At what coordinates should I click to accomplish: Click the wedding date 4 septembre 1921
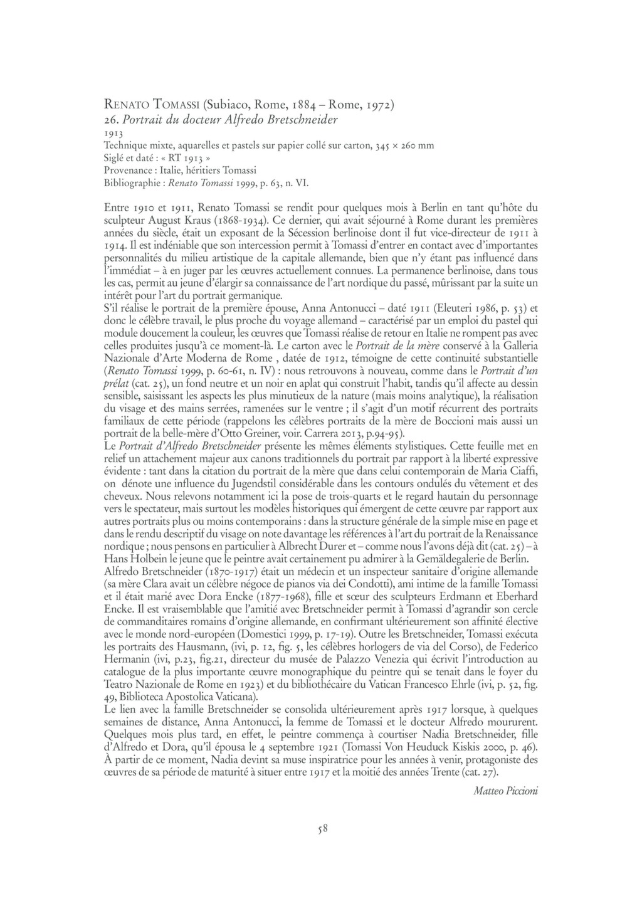click(x=296, y=747)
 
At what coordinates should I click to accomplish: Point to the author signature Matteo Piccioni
click(x=506, y=791)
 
